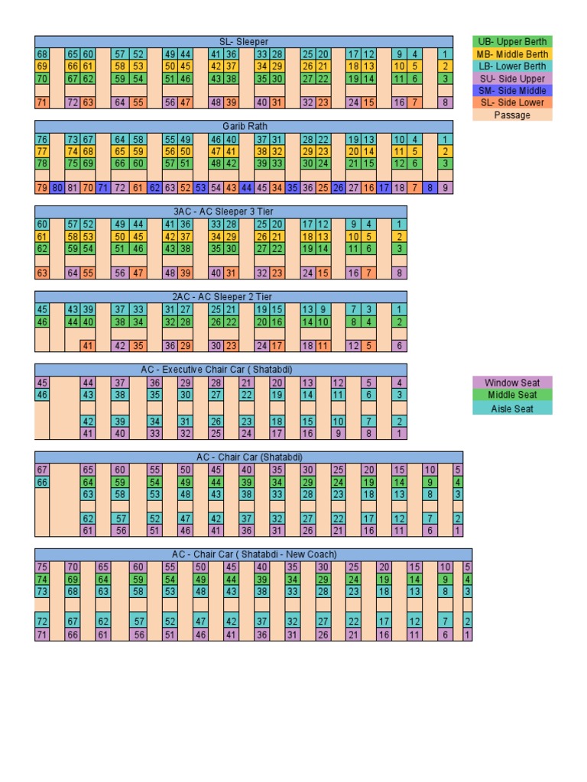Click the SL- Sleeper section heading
244,41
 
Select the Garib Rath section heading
244,126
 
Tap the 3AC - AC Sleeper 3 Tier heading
221,211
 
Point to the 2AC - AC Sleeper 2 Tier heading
221,296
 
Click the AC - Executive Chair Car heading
221,370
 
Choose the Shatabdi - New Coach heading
254,554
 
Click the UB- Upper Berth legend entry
511,42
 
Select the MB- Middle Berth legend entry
511,54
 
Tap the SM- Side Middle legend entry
511,90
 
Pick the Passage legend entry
511,115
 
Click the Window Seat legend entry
511,383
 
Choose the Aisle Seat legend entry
511,409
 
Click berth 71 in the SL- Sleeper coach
42,102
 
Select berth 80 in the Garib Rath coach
57,187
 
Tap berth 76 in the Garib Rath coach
42,139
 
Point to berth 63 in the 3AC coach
42,273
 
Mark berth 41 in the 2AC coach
88,346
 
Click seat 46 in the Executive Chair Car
42,395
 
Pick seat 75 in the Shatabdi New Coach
42,567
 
